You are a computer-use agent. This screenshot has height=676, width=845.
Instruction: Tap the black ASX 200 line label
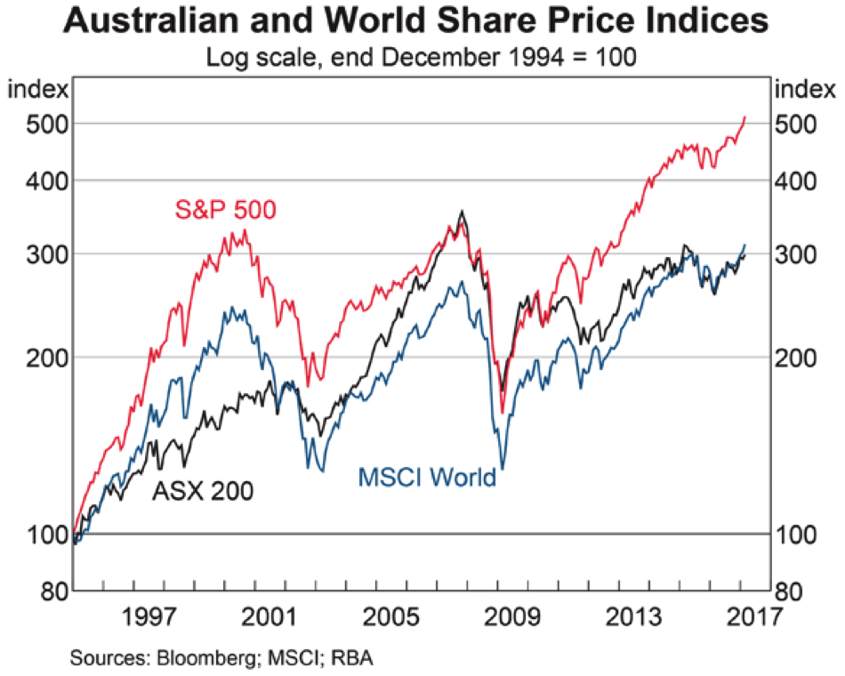203,490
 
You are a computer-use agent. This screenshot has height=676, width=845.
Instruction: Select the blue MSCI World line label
427,478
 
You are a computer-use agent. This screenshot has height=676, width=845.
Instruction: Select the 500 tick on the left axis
37,124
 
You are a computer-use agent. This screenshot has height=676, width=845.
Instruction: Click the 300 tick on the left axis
37,254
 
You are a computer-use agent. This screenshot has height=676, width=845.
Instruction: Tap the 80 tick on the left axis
44,591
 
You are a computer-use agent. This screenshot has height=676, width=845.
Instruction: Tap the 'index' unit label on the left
36,89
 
